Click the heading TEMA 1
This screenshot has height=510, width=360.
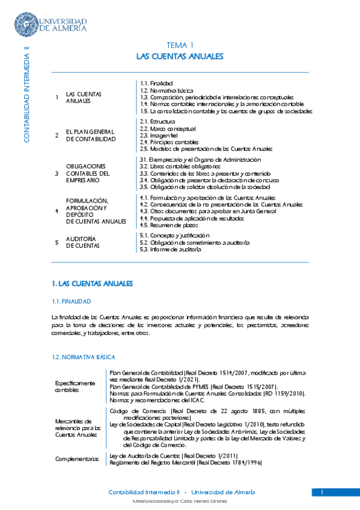pos(180,45)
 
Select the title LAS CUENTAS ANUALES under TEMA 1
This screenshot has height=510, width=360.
pos(180,56)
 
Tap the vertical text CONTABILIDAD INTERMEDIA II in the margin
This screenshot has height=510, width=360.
pos(26,93)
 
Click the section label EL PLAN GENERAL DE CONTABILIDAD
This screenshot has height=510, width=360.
pos(90,135)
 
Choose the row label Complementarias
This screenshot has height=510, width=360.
pos(77,459)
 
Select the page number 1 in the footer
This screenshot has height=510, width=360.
pos(322,493)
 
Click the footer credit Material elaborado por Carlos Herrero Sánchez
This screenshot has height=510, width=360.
pos(180,502)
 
